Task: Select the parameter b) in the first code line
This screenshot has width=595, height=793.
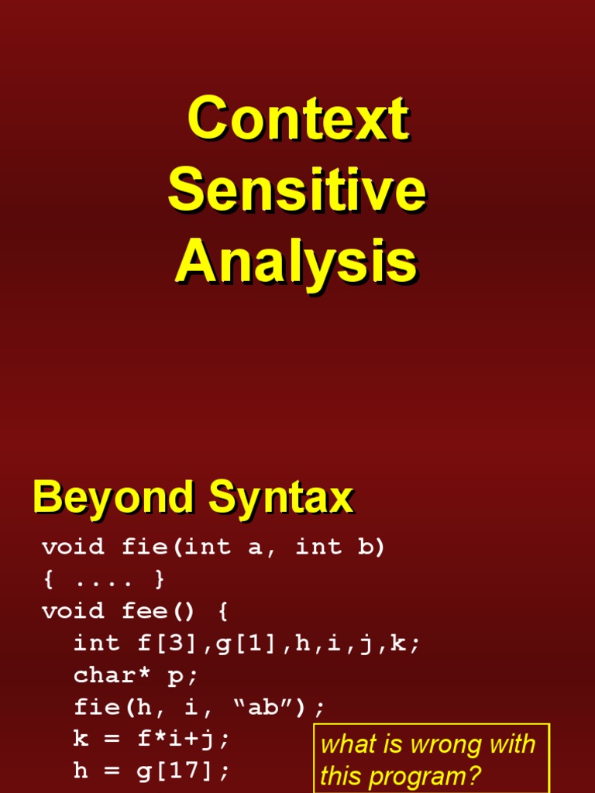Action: (370, 548)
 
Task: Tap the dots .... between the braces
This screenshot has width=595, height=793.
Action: (105, 579)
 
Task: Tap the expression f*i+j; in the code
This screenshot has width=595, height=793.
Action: (183, 739)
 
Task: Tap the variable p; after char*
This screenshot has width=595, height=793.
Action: (183, 675)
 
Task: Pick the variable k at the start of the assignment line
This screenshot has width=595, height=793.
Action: (81, 739)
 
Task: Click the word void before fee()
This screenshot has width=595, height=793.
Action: (73, 611)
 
